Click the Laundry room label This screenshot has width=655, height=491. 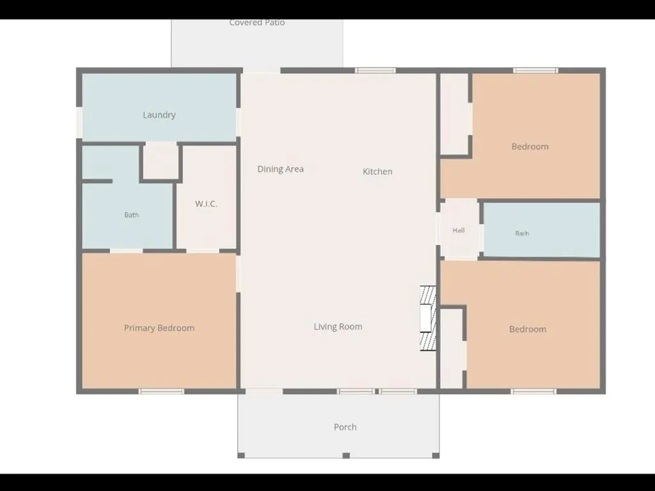pyautogui.click(x=159, y=115)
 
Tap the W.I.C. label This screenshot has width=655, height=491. pyautogui.click(x=206, y=204)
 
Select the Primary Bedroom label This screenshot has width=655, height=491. pyautogui.click(x=159, y=328)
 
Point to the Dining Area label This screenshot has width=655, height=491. pyautogui.click(x=280, y=169)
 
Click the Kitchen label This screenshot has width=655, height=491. pyautogui.click(x=377, y=172)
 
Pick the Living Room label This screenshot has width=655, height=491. pyautogui.click(x=338, y=326)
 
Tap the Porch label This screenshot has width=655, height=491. pyautogui.click(x=345, y=427)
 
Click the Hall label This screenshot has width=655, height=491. pyautogui.click(x=458, y=230)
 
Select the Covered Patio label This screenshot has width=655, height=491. pyautogui.click(x=257, y=22)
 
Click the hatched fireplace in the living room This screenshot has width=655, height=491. pyautogui.click(x=428, y=318)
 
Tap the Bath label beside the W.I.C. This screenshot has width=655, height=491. pyautogui.click(x=131, y=215)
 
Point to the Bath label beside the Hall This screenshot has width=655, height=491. pyautogui.click(x=522, y=234)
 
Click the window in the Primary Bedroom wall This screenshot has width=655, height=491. pyautogui.click(x=161, y=392)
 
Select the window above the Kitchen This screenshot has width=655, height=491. pyautogui.click(x=375, y=70)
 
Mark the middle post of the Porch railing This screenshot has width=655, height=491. pyautogui.click(x=346, y=455)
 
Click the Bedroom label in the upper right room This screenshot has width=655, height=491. pyautogui.click(x=530, y=147)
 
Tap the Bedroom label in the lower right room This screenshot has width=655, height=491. pyautogui.click(x=528, y=329)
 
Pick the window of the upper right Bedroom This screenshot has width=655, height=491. pyautogui.click(x=535, y=70)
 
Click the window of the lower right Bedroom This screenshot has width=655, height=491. pyautogui.click(x=533, y=392)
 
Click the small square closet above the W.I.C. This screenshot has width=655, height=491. pyautogui.click(x=161, y=161)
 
